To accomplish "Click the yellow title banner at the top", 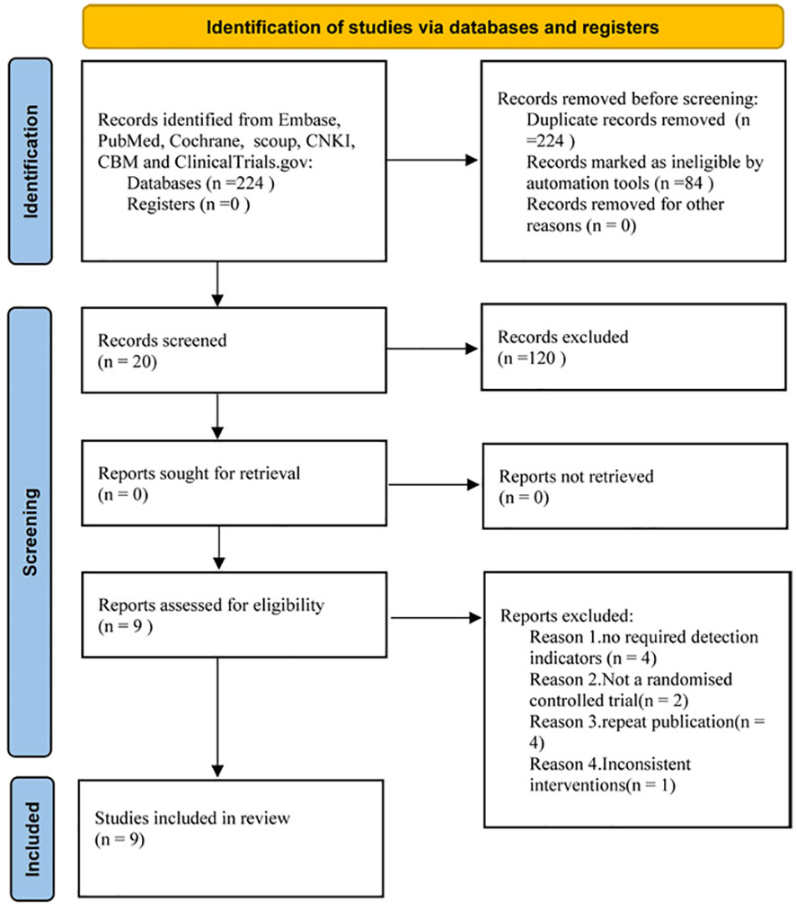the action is [x=433, y=27].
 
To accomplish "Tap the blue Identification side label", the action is [x=31, y=162].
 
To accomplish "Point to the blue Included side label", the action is [x=32, y=839].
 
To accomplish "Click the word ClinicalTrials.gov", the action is [x=243, y=162].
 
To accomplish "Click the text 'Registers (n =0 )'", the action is [x=189, y=204].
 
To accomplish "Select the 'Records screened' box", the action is [x=234, y=350].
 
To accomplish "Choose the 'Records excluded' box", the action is [x=633, y=347].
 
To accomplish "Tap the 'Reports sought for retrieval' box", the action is [x=234, y=483].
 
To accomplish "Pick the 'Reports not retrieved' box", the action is [x=635, y=486].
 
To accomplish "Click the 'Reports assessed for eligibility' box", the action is [x=234, y=615].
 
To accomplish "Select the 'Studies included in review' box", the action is [x=231, y=839].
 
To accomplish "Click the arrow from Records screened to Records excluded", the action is [x=432, y=349].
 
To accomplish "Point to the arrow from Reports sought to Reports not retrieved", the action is [x=434, y=484].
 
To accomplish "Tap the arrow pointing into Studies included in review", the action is [x=217, y=718].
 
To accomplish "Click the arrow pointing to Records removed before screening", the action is [x=432, y=160].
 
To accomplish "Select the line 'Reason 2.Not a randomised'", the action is [x=631, y=679].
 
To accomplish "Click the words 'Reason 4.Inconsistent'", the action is [x=610, y=764].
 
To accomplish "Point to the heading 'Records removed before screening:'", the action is [x=628, y=99].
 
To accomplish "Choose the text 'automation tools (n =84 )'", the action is [x=620, y=183].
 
